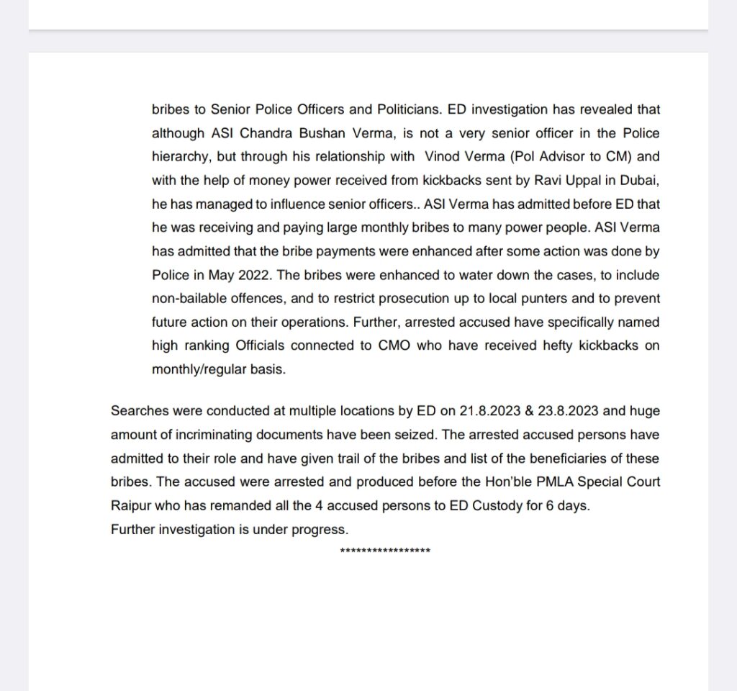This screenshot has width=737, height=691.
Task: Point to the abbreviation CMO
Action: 395,345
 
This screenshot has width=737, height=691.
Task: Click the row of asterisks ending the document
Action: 385,551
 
